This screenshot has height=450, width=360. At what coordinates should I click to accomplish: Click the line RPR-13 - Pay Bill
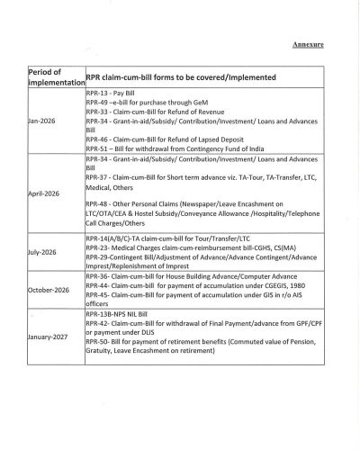114,93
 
